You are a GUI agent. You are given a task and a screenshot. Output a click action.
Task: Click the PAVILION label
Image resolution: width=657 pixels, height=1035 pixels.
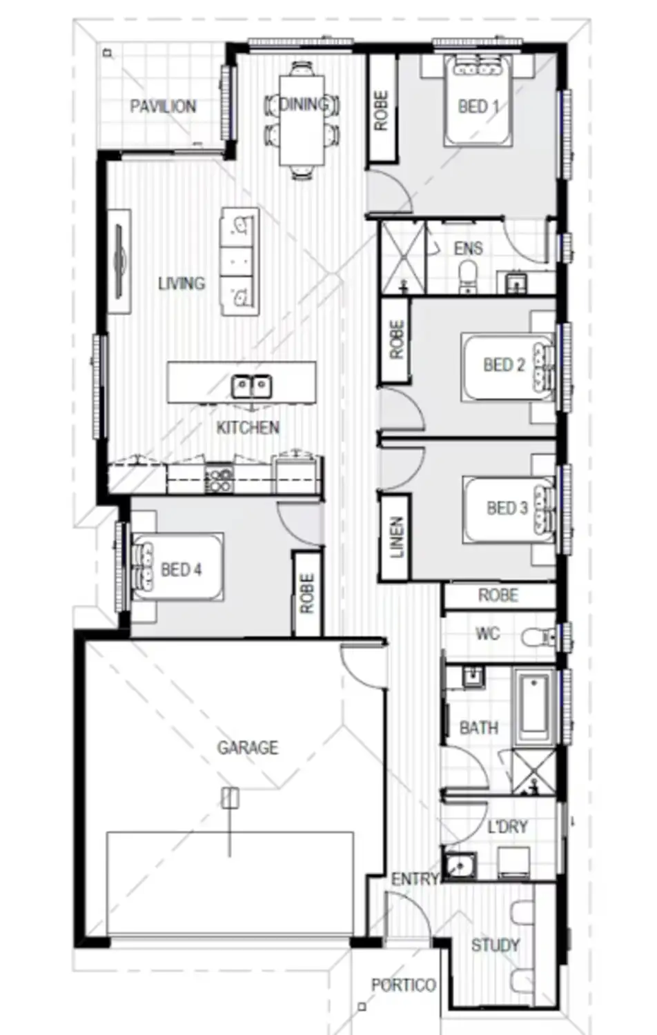tap(163, 106)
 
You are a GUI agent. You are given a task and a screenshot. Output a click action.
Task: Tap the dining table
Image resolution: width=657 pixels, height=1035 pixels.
tap(302, 121)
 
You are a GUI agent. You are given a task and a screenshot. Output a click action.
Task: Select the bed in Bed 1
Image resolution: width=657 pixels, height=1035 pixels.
tap(478, 103)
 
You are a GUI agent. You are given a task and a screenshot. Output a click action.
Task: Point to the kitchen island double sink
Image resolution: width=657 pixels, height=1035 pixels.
tap(251, 386)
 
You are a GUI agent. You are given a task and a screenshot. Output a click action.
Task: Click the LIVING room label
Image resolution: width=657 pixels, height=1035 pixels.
tap(181, 283)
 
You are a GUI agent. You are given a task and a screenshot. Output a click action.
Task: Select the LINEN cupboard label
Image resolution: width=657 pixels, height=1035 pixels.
tap(396, 538)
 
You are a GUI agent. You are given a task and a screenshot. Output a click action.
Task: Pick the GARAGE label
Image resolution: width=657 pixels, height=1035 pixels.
tap(248, 747)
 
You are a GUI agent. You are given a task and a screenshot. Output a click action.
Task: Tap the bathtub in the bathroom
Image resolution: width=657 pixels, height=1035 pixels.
tap(535, 707)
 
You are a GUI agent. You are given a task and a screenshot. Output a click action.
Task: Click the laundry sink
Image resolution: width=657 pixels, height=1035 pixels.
tap(459, 866)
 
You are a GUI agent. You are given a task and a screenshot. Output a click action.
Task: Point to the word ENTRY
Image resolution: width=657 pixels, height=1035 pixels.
tap(415, 879)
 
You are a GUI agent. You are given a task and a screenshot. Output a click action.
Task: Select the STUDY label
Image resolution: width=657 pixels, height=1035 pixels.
tap(495, 945)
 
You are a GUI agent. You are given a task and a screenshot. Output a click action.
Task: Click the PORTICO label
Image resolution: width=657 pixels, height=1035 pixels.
tap(403, 985)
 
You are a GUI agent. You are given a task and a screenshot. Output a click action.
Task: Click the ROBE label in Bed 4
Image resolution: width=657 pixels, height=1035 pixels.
tap(307, 593)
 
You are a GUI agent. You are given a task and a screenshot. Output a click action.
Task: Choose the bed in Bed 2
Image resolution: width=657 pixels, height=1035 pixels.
tap(508, 366)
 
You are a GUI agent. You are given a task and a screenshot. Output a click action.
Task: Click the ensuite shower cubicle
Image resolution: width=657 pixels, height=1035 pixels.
tap(402, 257)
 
